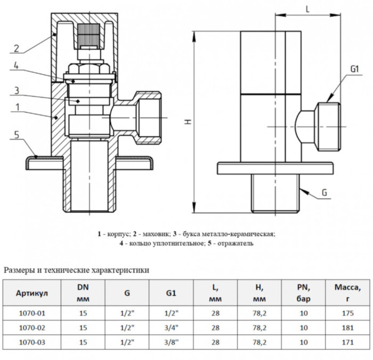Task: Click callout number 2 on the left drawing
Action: point(17,49)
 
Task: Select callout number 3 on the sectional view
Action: point(17,90)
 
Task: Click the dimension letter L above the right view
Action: point(309,9)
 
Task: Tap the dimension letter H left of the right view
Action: point(187,122)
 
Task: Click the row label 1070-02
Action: point(32,326)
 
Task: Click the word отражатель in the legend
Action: point(233,244)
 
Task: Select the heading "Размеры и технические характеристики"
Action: point(76,270)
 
